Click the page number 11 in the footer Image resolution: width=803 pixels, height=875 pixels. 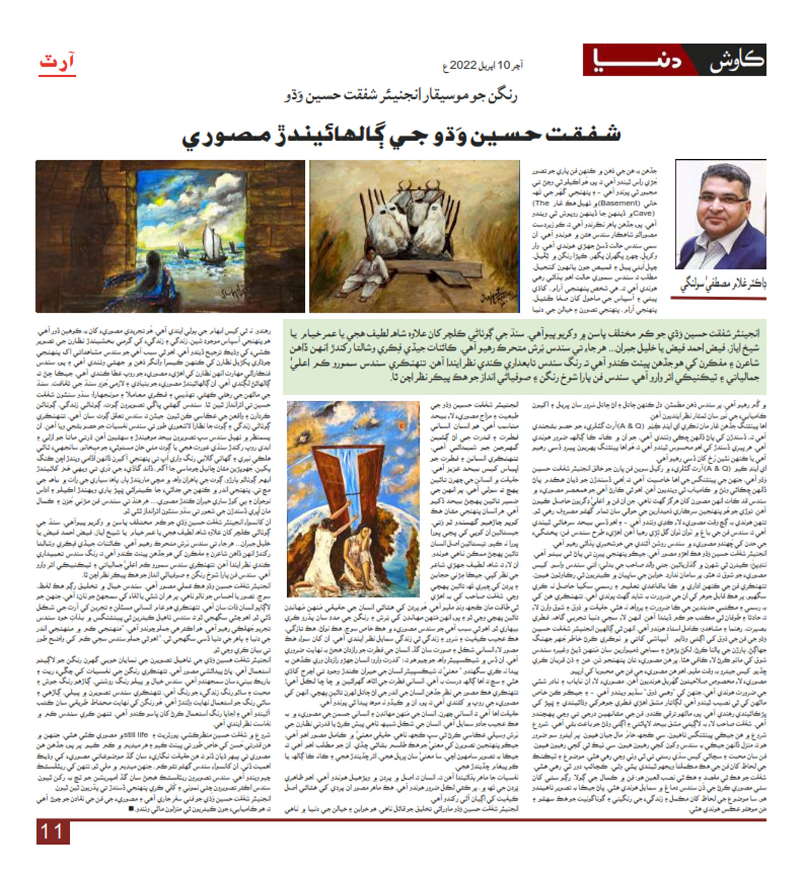click(52, 832)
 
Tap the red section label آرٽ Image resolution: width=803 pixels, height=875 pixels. click(57, 62)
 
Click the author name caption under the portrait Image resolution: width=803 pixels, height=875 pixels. click(722, 284)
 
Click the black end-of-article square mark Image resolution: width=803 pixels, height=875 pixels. click(132, 809)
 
